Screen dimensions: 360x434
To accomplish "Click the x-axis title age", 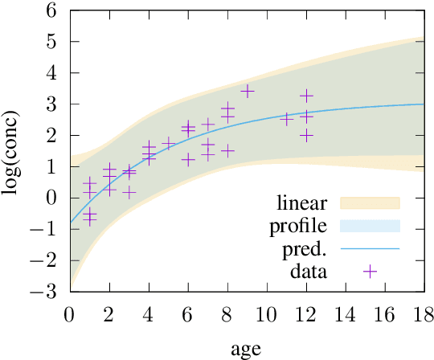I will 246,349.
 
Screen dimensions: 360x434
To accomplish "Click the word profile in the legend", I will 300,225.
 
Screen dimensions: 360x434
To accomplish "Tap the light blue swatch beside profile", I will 370,225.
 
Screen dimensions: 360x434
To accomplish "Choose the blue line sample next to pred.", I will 370,248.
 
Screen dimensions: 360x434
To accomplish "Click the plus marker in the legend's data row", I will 370,272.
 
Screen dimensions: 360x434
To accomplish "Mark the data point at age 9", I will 247,91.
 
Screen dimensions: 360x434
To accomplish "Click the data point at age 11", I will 286,119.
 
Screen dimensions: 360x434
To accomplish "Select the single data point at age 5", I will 168,144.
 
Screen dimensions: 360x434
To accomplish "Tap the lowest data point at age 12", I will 306,135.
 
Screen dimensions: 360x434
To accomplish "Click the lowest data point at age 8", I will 227,150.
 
